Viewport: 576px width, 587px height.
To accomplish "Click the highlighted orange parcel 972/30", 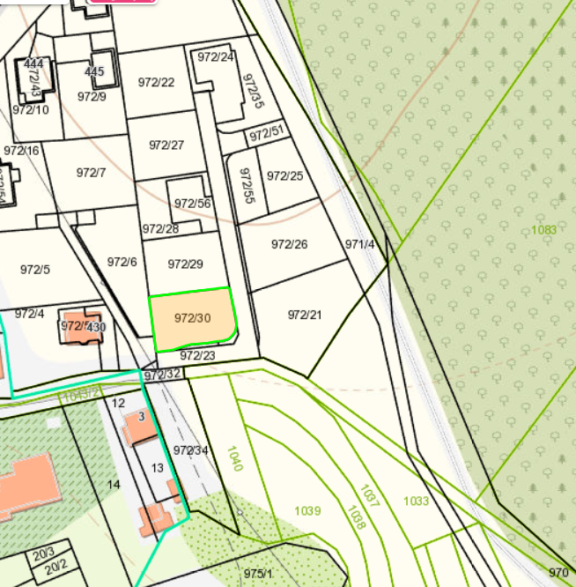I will pos(193,320).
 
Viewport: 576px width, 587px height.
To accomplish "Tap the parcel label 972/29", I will pos(185,264).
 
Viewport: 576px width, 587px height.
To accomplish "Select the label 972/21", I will pos(305,315).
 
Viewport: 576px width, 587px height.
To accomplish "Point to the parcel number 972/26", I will pos(289,244).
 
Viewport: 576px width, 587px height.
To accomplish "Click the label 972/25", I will pos(284,175).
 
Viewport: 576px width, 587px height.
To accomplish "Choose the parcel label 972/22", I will pos(156,83).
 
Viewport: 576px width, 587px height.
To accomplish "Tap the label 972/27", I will pos(166,145).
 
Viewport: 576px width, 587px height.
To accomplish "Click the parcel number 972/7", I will pos(91,173).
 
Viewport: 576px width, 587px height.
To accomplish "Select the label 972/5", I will pos(34,270).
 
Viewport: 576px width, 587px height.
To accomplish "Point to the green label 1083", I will pos(543,230).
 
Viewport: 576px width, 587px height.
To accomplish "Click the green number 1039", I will pos(307,511).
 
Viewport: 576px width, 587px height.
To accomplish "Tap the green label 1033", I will pos(416,502).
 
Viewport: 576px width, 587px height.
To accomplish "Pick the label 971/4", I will pos(359,244).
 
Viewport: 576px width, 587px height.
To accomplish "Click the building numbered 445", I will pos(94,71).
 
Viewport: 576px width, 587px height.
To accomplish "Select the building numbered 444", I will pos(34,64).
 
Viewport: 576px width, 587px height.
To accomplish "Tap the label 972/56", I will pos(192,204).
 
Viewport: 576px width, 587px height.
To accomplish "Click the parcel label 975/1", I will pos(258,574).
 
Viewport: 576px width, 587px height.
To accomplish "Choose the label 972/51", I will pos(266,135).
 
